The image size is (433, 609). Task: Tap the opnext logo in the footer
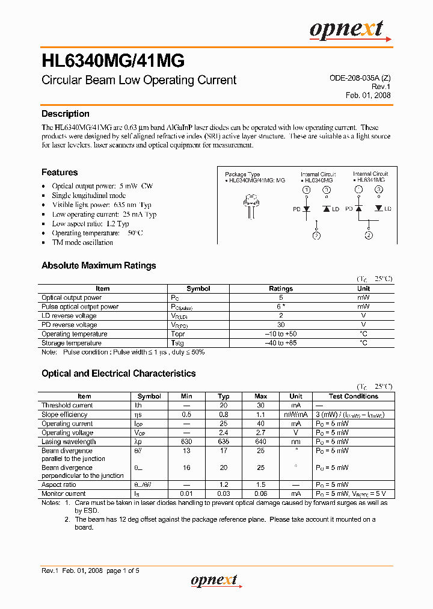click(x=214, y=580)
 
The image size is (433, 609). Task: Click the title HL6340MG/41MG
click(x=112, y=60)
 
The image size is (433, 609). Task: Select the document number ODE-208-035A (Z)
click(x=360, y=78)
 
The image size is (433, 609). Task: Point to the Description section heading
click(x=65, y=114)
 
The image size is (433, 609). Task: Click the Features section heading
click(x=59, y=172)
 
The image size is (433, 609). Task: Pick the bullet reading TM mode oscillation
click(x=82, y=243)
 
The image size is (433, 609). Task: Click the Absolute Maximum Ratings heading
click(x=99, y=265)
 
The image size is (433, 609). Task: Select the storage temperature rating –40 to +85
click(x=281, y=343)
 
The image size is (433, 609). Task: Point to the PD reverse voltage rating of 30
click(x=281, y=325)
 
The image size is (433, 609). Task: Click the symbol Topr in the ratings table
click(x=178, y=334)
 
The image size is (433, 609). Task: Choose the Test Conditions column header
click(x=353, y=396)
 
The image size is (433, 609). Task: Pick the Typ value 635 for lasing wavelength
click(x=224, y=442)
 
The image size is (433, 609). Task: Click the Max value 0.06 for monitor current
click(x=261, y=493)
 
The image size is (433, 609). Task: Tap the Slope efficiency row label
click(x=64, y=415)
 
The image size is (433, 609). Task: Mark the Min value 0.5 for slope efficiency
click(x=186, y=415)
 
